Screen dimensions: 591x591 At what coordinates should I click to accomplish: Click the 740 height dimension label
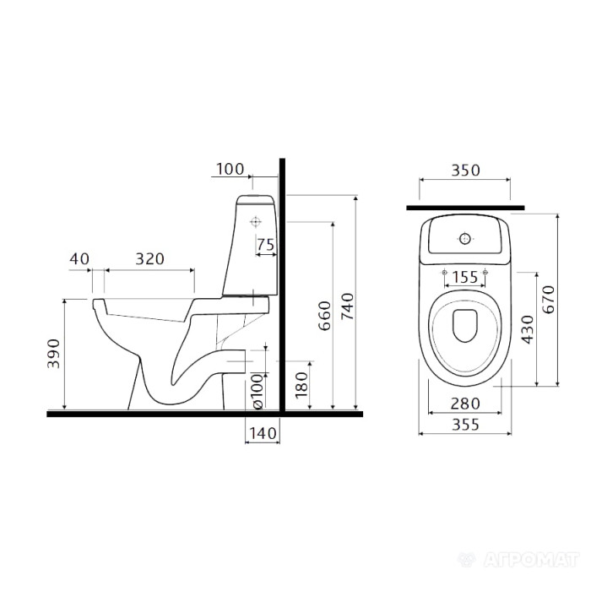tap(348, 306)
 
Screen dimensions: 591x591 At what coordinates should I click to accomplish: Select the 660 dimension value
tap(324, 316)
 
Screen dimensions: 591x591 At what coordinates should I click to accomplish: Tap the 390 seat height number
tap(53, 354)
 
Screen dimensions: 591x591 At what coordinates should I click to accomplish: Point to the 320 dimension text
tap(149, 259)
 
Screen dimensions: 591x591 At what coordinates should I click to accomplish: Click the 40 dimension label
tap(79, 259)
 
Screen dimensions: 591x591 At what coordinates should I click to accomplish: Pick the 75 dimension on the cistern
tap(265, 245)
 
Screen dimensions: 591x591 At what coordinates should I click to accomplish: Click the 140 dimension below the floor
tap(263, 433)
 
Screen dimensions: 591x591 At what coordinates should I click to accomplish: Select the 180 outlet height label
tap(301, 385)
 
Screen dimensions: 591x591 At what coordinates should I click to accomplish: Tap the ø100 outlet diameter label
tap(258, 391)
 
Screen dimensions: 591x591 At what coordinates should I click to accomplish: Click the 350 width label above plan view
tap(465, 171)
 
